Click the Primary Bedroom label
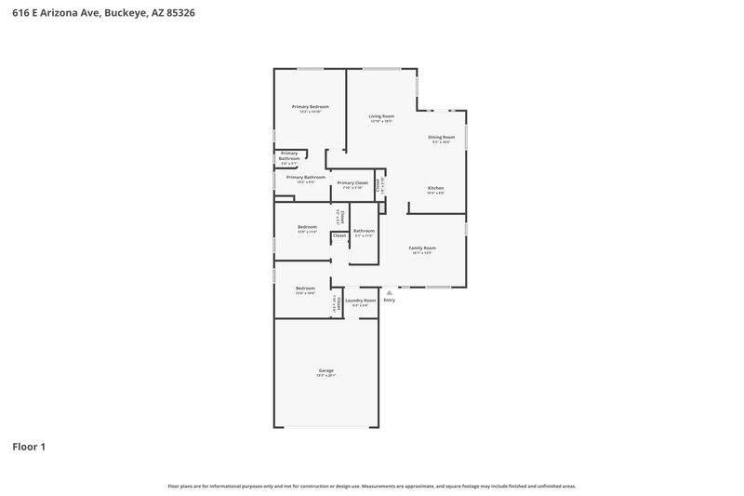(x=311, y=107)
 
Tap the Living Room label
(x=381, y=116)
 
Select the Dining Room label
(x=441, y=137)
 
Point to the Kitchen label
(x=435, y=188)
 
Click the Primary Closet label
(x=352, y=182)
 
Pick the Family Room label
(x=422, y=248)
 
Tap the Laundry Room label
(x=361, y=300)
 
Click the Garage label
(x=325, y=370)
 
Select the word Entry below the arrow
(x=389, y=300)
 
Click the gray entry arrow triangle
(x=389, y=292)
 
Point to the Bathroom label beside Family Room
(x=364, y=231)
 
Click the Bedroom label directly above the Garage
(x=306, y=288)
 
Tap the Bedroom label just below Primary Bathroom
(x=307, y=227)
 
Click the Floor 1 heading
(x=29, y=447)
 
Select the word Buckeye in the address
(x=125, y=14)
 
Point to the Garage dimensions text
(x=325, y=376)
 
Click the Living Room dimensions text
(x=381, y=122)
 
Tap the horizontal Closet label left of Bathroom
(x=339, y=236)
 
